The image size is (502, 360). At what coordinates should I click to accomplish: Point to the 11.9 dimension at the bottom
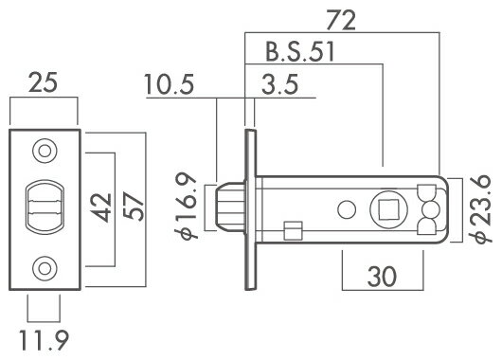(x=44, y=338)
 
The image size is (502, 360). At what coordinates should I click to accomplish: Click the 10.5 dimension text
(x=170, y=86)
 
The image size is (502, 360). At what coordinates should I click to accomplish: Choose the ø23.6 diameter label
(x=482, y=207)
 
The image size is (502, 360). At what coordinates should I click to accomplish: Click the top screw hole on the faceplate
(x=44, y=151)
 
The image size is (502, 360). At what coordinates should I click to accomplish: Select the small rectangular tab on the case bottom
(x=294, y=230)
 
